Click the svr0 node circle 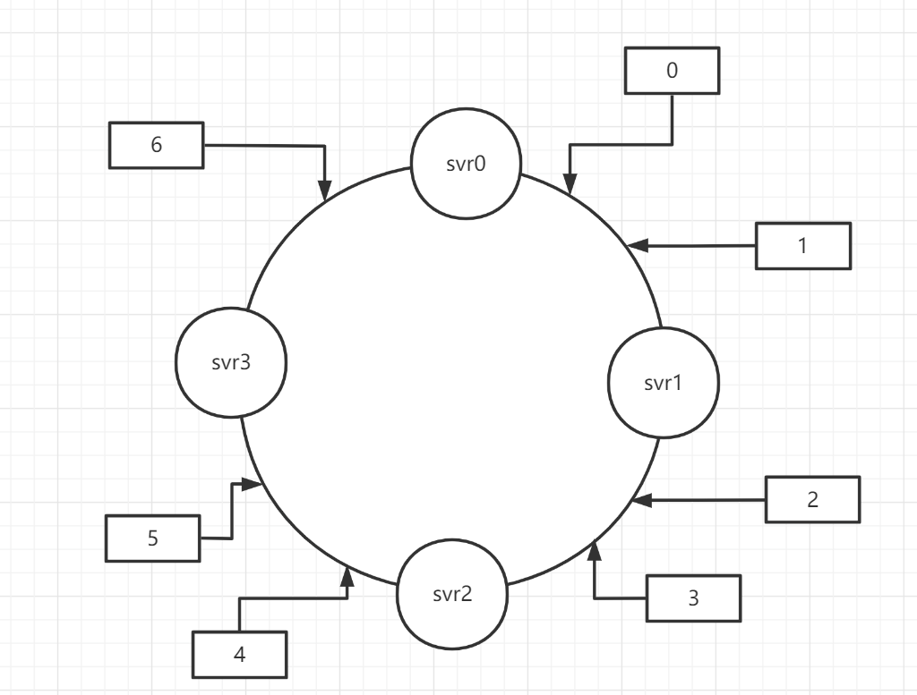(x=466, y=165)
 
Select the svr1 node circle (x=663, y=383)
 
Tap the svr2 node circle (x=451, y=593)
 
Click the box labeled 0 (x=673, y=71)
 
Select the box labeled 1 (x=802, y=246)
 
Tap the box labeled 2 (x=812, y=499)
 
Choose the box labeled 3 (x=693, y=598)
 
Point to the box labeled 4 (x=239, y=654)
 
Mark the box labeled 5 (x=152, y=538)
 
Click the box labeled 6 (x=157, y=145)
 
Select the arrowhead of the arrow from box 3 (x=593, y=548)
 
